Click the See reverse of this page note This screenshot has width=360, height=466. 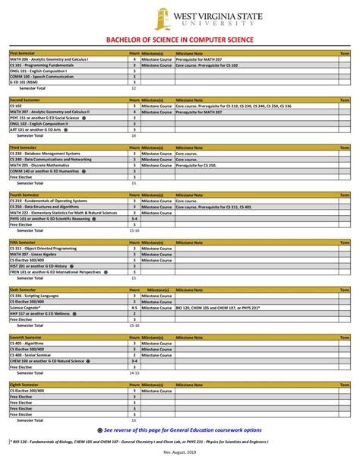pyautogui.click(x=182, y=430)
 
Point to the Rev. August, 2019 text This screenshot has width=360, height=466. pyautogui.click(x=181, y=455)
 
